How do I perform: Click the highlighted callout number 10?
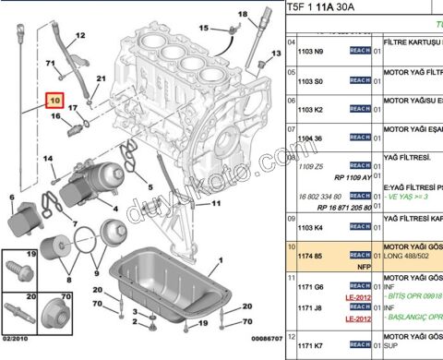pyautogui.click(x=55, y=99)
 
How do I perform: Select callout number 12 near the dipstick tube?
pyautogui.click(x=80, y=36)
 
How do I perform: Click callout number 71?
pyautogui.click(x=51, y=62)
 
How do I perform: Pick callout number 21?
pyautogui.click(x=101, y=78)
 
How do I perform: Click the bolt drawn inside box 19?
pyautogui.click(x=19, y=271)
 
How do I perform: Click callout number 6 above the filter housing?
pyautogui.click(x=11, y=196)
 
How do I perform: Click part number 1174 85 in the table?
pyautogui.click(x=310, y=254)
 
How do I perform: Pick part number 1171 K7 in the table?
pyautogui.click(x=310, y=344)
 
